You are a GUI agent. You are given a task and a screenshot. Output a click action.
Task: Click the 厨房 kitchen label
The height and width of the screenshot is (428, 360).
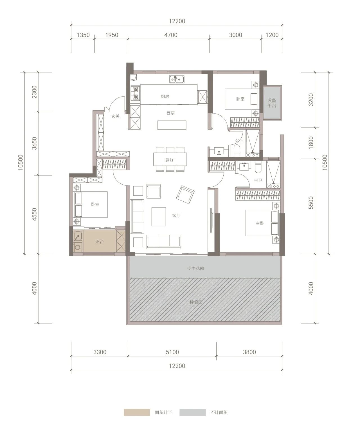pos(165,96)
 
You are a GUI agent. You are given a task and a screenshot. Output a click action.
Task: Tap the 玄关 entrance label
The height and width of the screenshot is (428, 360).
pos(116,116)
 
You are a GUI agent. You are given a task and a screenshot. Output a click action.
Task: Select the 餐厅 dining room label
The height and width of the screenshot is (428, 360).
pos(170,159)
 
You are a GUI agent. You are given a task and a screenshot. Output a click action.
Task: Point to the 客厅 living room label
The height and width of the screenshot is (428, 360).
pos(176,215)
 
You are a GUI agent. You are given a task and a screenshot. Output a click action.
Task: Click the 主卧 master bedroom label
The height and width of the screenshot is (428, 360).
pos(260,223)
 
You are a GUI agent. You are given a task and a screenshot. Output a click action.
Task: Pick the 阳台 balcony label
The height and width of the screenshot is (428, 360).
pos(100,242)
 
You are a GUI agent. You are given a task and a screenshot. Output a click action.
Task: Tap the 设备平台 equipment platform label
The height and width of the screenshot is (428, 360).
pos(271,103)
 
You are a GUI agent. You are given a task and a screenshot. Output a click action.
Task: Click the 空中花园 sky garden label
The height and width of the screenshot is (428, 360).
pos(195,269)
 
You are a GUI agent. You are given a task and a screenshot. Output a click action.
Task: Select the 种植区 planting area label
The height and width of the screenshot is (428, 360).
pos(196,302)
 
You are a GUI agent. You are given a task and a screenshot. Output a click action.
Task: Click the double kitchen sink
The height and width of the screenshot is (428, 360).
pos(177,79)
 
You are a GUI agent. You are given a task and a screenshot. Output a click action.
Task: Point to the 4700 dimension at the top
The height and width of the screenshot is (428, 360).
pos(171,35)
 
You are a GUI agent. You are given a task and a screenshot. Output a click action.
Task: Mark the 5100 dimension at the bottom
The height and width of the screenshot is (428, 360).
pos(172,352)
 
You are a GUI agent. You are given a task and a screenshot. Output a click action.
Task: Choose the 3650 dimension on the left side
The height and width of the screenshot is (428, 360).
pos(34,144)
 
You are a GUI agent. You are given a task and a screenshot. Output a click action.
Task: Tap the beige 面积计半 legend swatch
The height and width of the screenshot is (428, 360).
pos(137,413)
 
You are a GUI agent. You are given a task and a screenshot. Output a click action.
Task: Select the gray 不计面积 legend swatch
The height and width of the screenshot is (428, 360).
pos(192,413)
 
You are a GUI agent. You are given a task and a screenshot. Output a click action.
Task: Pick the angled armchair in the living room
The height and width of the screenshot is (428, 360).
pos(185,195)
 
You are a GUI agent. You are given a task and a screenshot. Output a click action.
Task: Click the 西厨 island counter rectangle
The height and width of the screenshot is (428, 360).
pos(172,125)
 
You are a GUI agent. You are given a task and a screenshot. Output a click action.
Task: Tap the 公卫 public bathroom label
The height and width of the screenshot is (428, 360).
pos(239,141)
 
